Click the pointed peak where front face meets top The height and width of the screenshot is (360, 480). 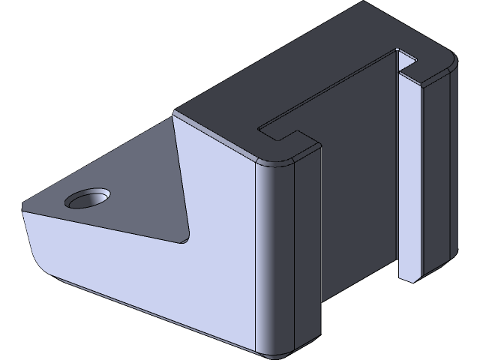pos(177,114)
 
